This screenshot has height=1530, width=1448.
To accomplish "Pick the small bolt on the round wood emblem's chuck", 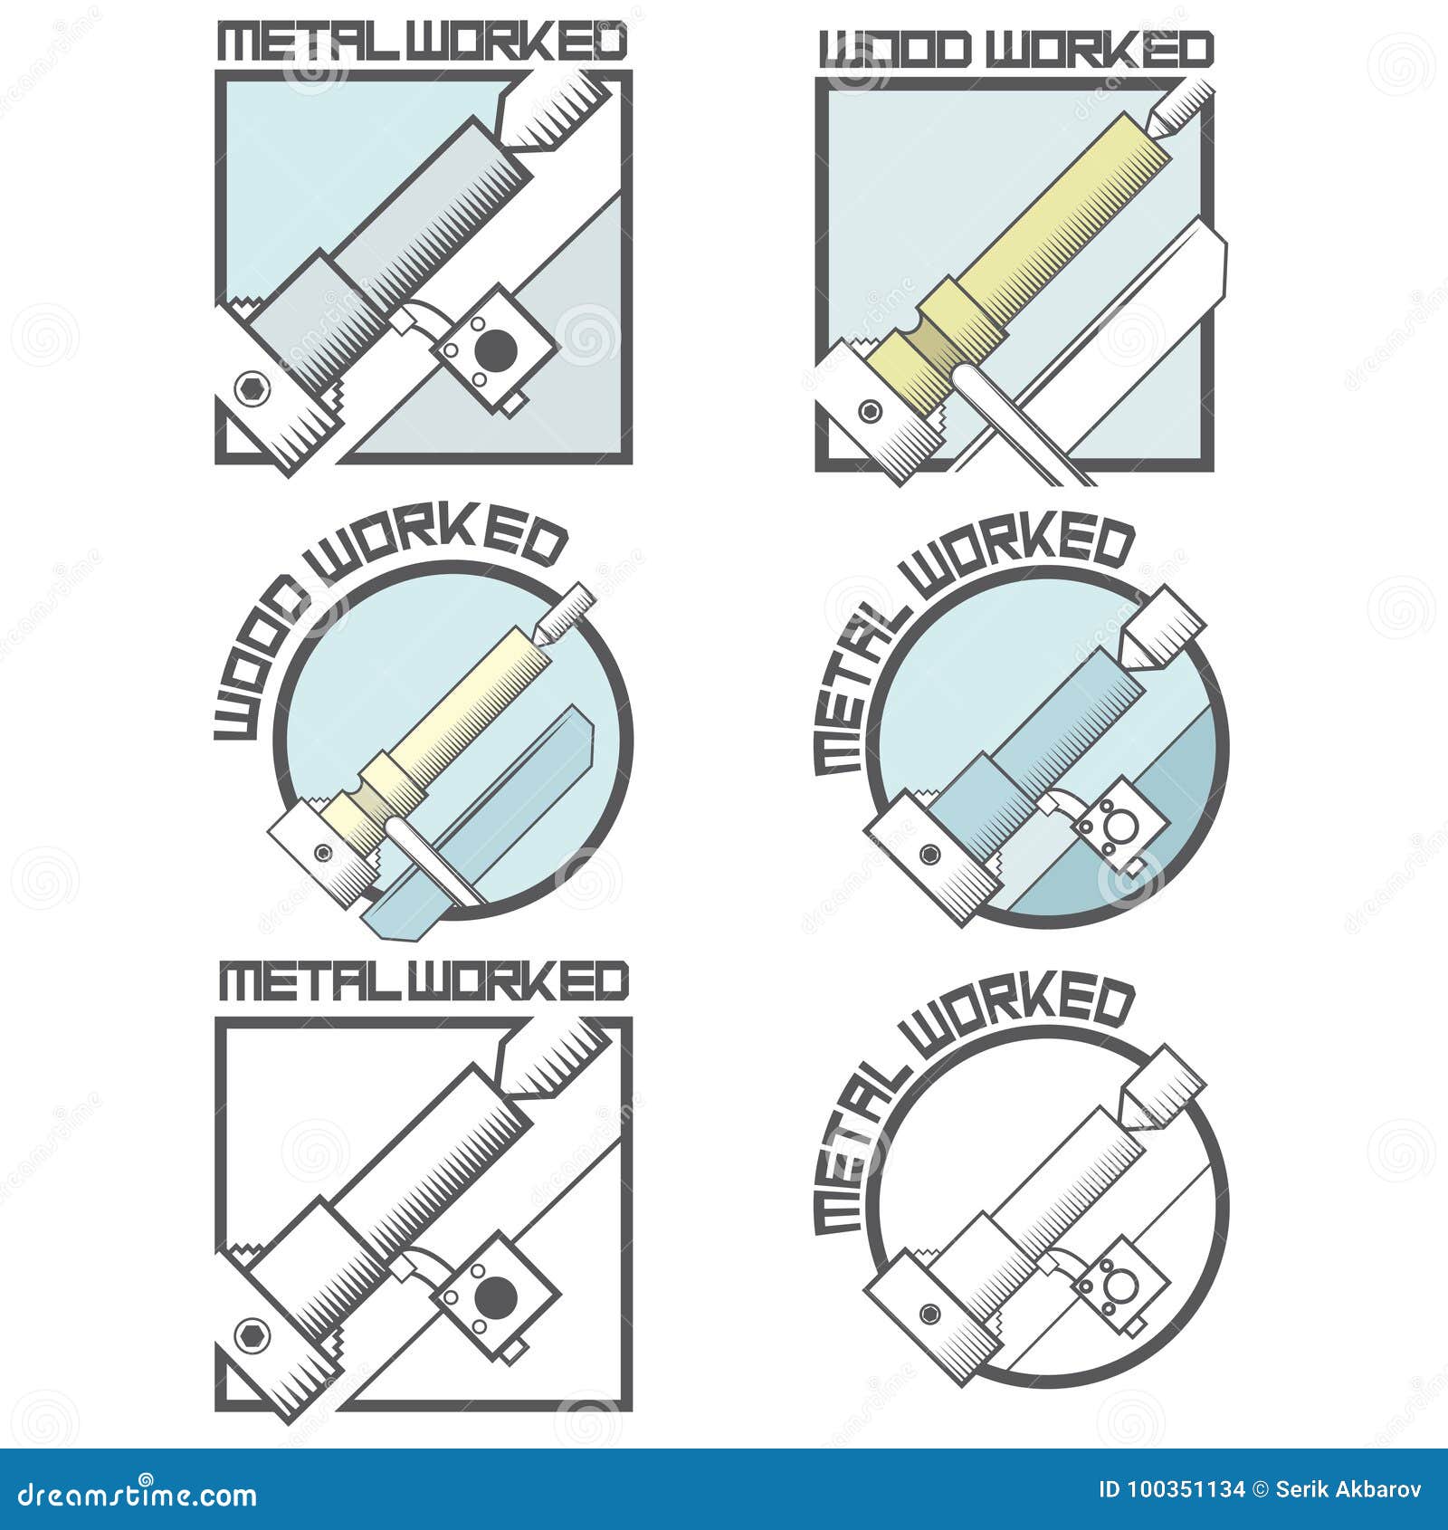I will (x=321, y=852).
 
